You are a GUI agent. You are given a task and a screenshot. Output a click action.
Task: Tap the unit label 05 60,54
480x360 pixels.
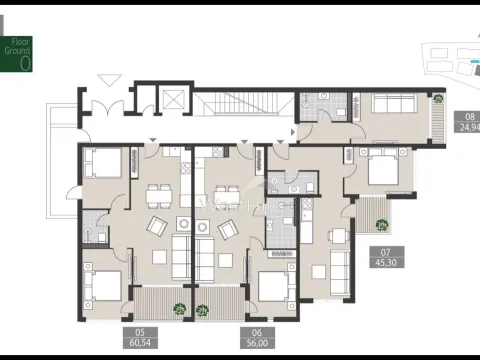[x=141, y=337]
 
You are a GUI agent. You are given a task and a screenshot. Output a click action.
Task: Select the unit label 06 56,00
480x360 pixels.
[x=256, y=337]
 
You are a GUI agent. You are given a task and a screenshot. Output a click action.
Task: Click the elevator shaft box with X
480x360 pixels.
[x=173, y=100]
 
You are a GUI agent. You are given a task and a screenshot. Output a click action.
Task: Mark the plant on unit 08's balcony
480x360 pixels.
[x=438, y=98]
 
